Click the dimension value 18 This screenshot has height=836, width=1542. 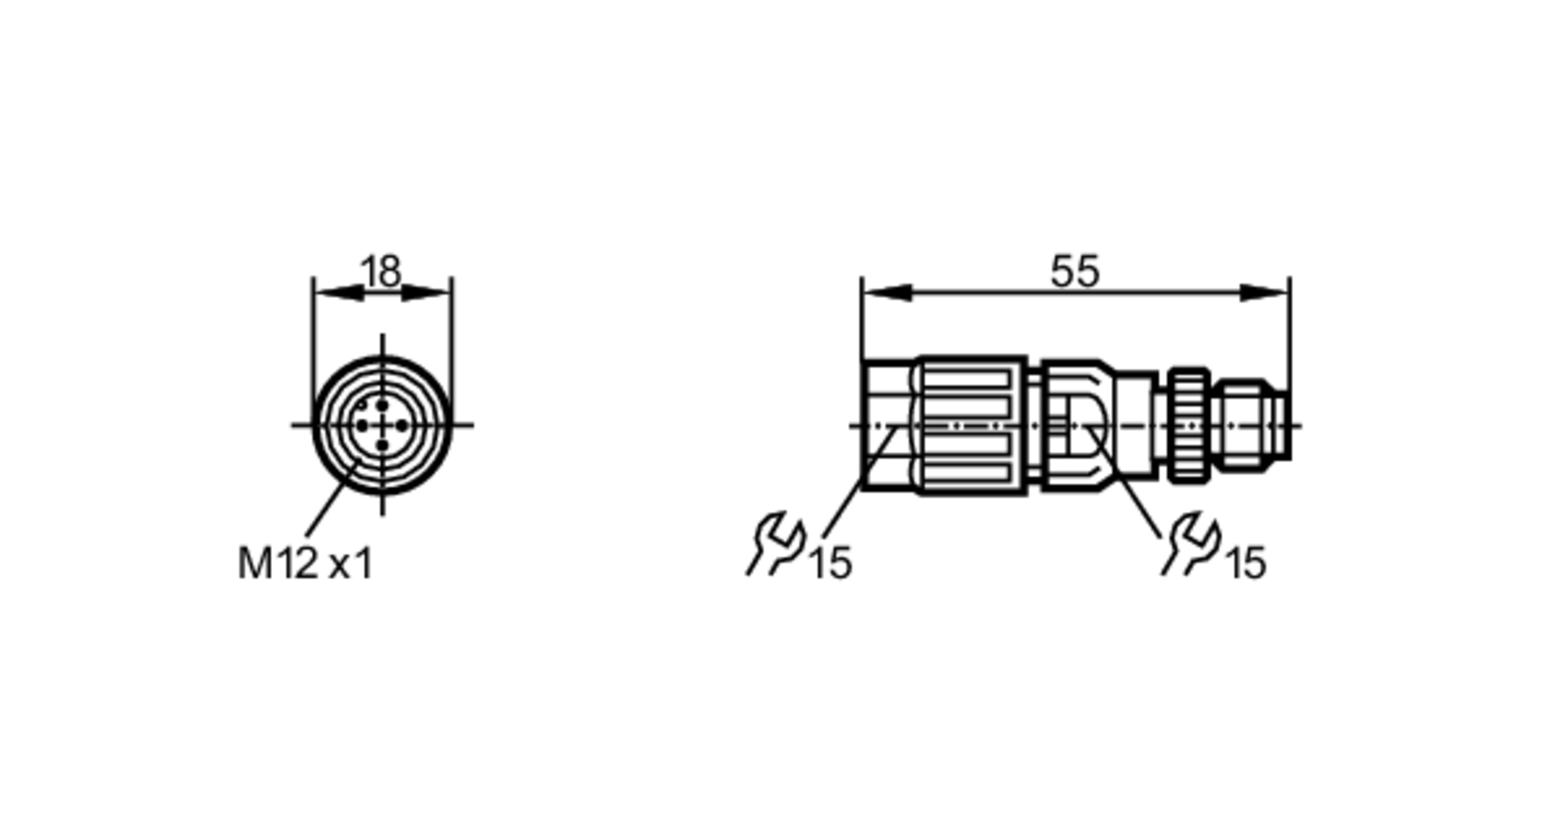point(381,272)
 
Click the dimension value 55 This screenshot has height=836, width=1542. point(1075,271)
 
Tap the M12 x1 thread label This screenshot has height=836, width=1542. point(305,564)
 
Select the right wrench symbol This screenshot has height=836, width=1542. point(1192,543)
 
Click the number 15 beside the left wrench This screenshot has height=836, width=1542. point(831,563)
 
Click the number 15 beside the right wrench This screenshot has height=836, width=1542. point(1246,563)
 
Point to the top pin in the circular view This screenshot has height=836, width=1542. point(382,406)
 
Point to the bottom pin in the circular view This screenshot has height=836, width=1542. point(382,445)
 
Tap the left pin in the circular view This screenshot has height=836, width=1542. point(362,425)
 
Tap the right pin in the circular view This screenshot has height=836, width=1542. point(402,425)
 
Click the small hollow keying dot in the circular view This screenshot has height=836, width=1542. point(363,403)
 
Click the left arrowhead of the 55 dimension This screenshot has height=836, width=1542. point(887,293)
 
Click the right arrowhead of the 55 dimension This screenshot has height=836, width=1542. point(1264,293)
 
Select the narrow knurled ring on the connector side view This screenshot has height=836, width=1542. point(1189,425)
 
